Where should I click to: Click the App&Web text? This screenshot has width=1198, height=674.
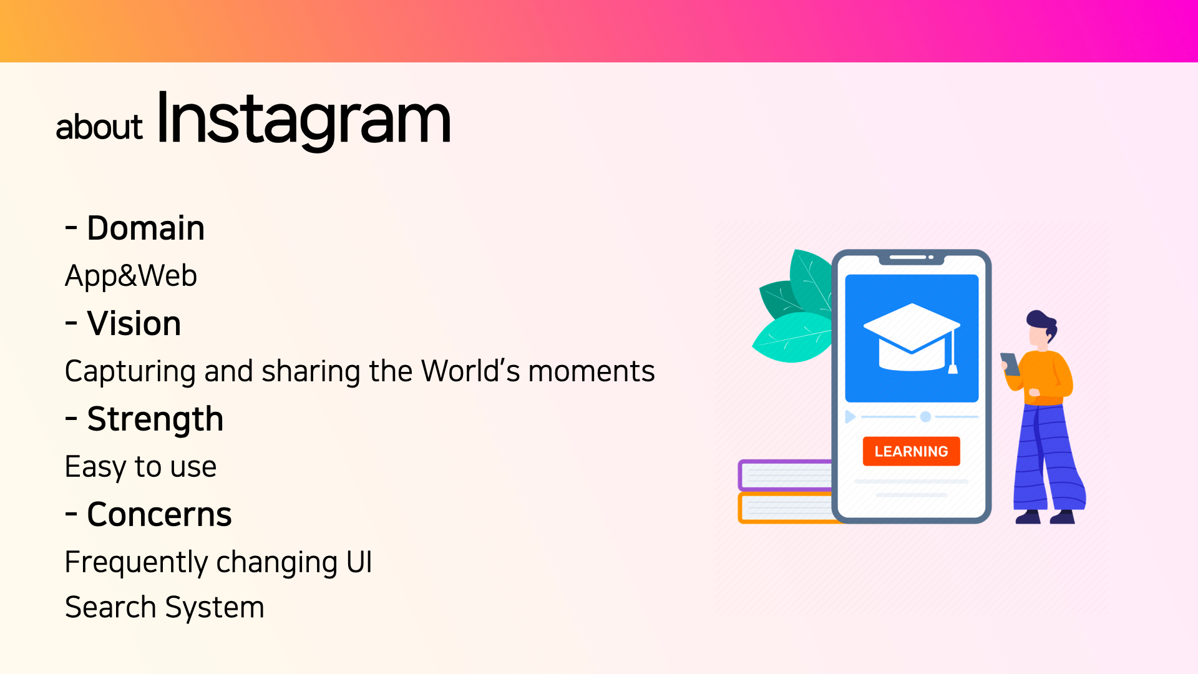click(131, 276)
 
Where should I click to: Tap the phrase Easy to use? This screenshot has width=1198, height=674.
click(140, 467)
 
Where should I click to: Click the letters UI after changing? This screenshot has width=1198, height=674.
click(359, 562)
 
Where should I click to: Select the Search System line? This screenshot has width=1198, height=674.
click(165, 607)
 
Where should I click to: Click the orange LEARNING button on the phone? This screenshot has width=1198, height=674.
click(911, 451)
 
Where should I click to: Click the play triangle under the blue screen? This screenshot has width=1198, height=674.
click(850, 417)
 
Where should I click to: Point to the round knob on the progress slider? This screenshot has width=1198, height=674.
click(925, 417)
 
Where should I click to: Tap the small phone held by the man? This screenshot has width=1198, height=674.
click(1010, 364)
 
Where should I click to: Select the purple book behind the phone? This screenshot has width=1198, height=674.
click(785, 476)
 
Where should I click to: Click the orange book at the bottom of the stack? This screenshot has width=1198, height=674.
click(785, 508)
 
